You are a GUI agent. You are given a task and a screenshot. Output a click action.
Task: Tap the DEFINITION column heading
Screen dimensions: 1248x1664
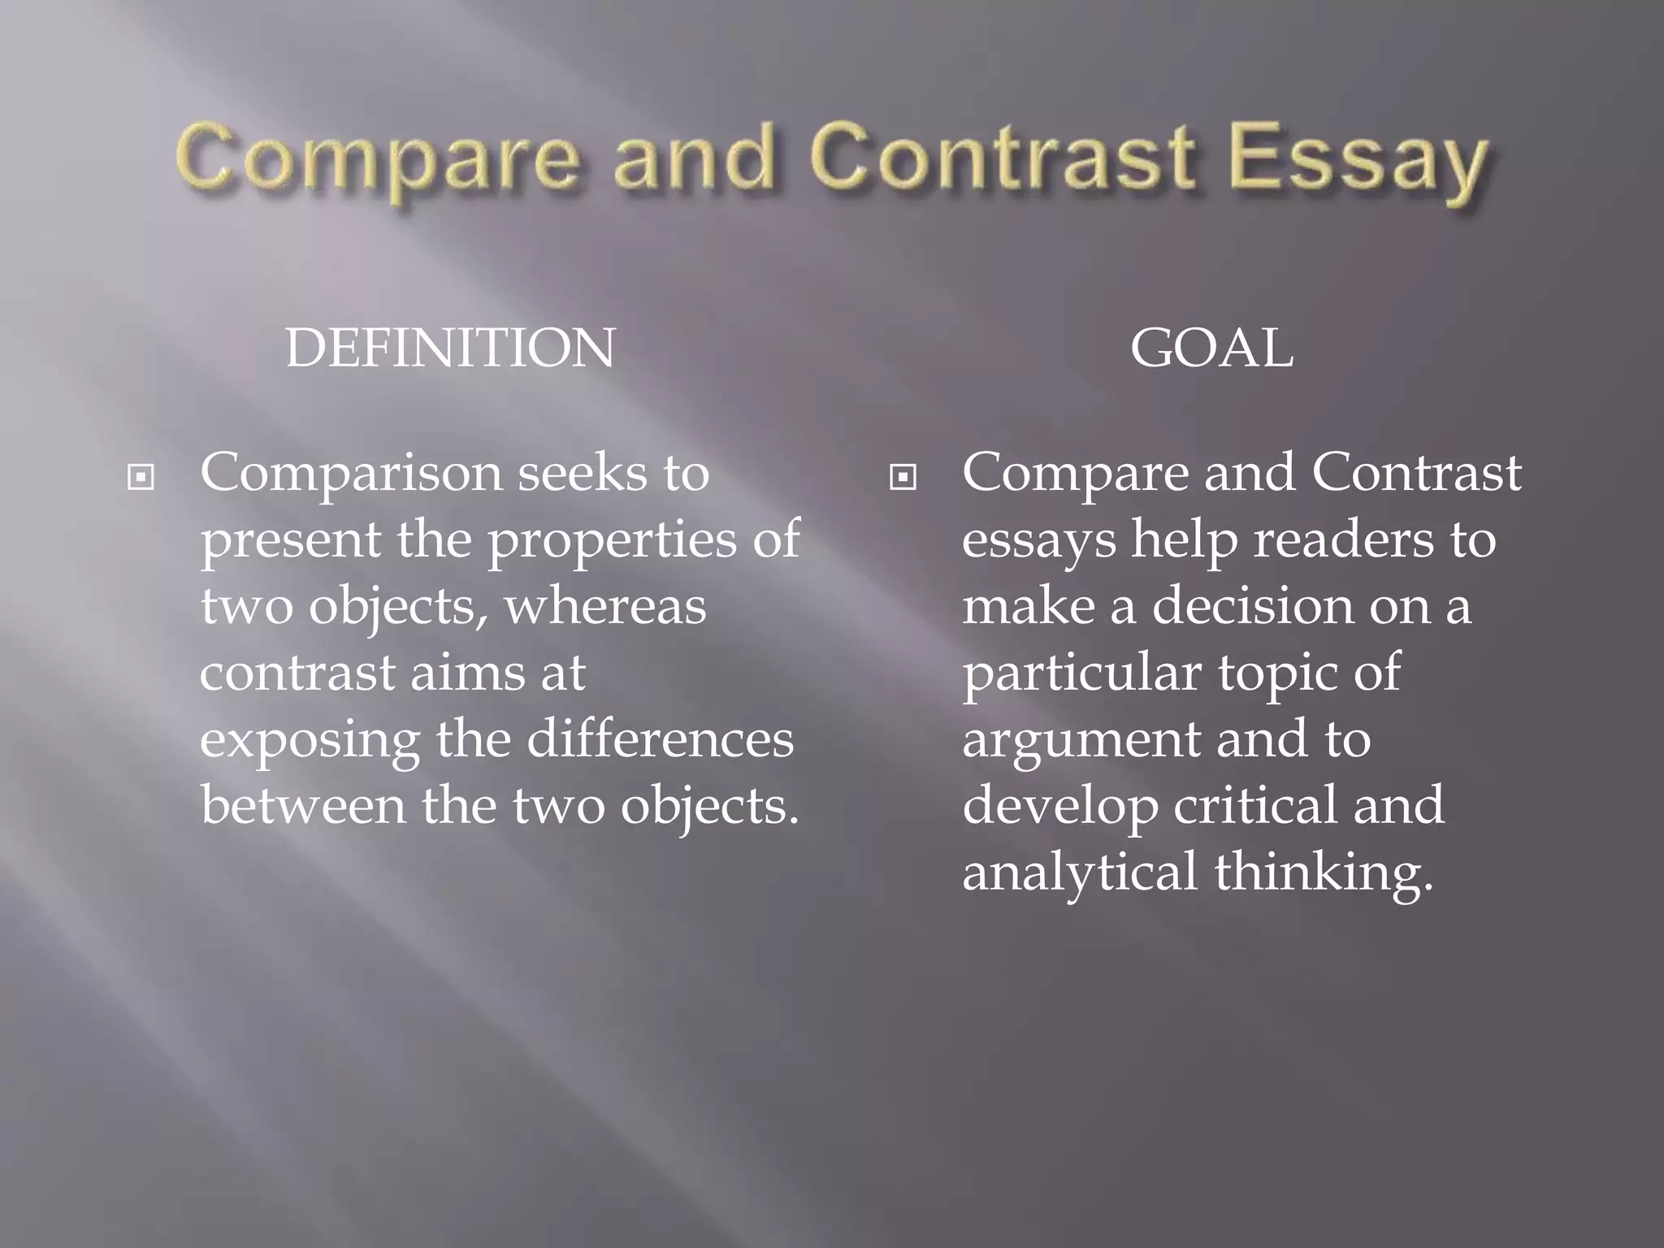coord(450,349)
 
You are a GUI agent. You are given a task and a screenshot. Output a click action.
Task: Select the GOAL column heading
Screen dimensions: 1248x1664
coord(1211,349)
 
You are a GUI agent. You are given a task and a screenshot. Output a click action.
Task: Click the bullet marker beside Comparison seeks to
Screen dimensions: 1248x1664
coord(141,478)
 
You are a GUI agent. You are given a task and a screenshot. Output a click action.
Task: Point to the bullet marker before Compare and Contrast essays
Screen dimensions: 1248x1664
coord(902,478)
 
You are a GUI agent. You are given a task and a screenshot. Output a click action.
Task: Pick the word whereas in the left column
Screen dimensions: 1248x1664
coord(605,606)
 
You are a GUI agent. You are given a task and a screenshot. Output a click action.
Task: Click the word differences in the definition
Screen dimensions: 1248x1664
coord(660,739)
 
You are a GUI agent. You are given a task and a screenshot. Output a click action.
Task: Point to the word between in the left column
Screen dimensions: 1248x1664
coord(303,806)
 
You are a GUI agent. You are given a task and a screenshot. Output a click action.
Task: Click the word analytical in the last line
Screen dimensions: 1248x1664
coord(1079,873)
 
